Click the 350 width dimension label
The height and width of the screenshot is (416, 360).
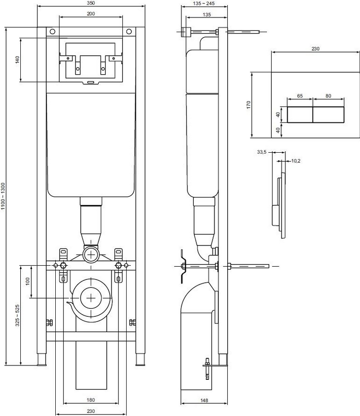(91, 3)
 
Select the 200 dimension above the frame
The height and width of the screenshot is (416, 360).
(91, 14)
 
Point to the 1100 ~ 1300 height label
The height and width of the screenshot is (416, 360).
(3, 196)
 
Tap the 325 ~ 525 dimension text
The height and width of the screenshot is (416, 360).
(17, 315)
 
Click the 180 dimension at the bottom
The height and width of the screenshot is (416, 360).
(91, 400)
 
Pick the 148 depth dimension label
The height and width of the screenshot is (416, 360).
(204, 400)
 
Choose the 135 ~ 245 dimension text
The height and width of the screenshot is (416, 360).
(204, 3)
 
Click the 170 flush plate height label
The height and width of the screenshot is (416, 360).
(249, 104)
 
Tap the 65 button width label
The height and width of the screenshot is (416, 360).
(300, 96)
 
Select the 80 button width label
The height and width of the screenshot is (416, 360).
(328, 96)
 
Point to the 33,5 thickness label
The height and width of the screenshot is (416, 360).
(261, 152)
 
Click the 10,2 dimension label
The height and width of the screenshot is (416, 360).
(296, 161)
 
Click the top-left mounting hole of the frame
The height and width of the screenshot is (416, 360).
(52, 32)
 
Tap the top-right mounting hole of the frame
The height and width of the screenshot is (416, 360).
(129, 32)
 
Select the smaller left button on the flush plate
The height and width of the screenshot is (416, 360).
(300, 114)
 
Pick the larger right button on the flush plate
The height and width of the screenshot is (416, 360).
(329, 114)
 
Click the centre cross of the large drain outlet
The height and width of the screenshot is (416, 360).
(91, 298)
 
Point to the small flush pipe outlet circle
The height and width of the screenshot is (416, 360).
(91, 255)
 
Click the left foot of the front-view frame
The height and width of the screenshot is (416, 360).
(42, 360)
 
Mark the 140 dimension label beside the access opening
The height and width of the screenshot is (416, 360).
(17, 60)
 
